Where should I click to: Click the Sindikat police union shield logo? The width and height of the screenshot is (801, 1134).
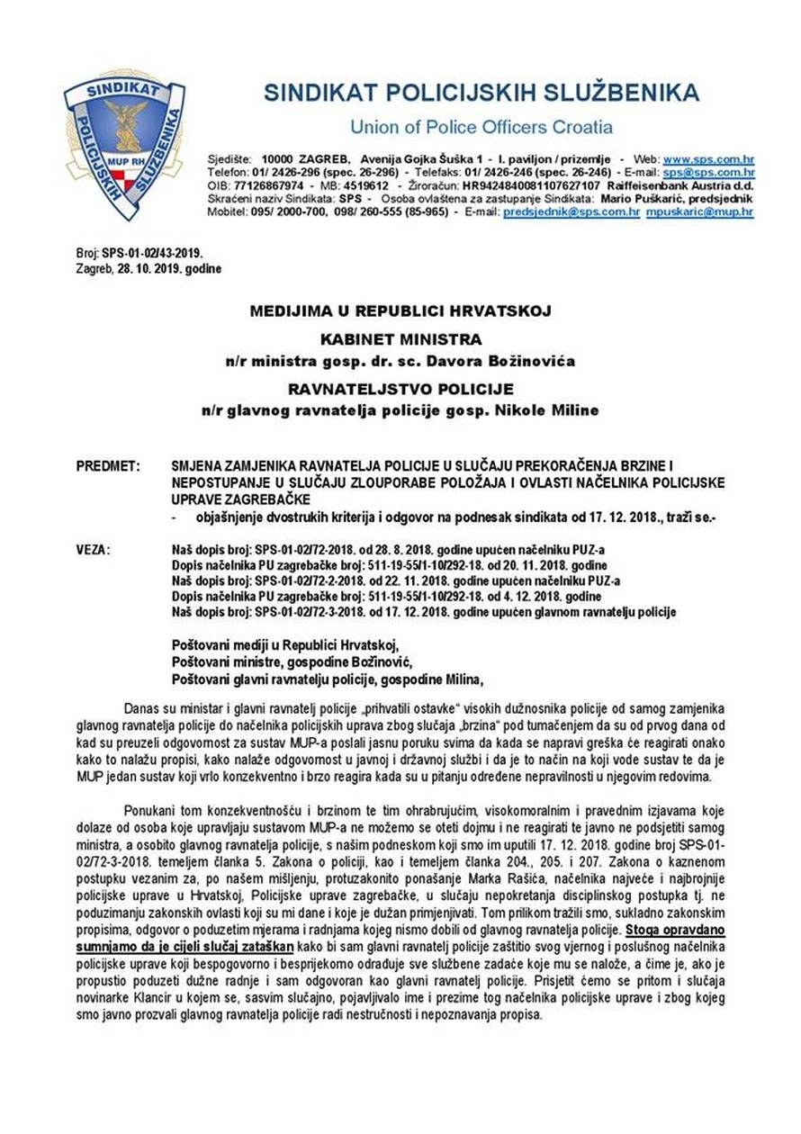point(123,145)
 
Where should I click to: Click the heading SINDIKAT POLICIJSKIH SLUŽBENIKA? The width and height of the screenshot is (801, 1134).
point(481,93)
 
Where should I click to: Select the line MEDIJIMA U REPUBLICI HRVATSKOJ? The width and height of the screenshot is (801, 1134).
point(400,311)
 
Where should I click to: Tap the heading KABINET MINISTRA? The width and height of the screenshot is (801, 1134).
point(400,339)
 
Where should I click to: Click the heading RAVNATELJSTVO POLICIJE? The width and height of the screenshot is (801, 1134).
point(400,390)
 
